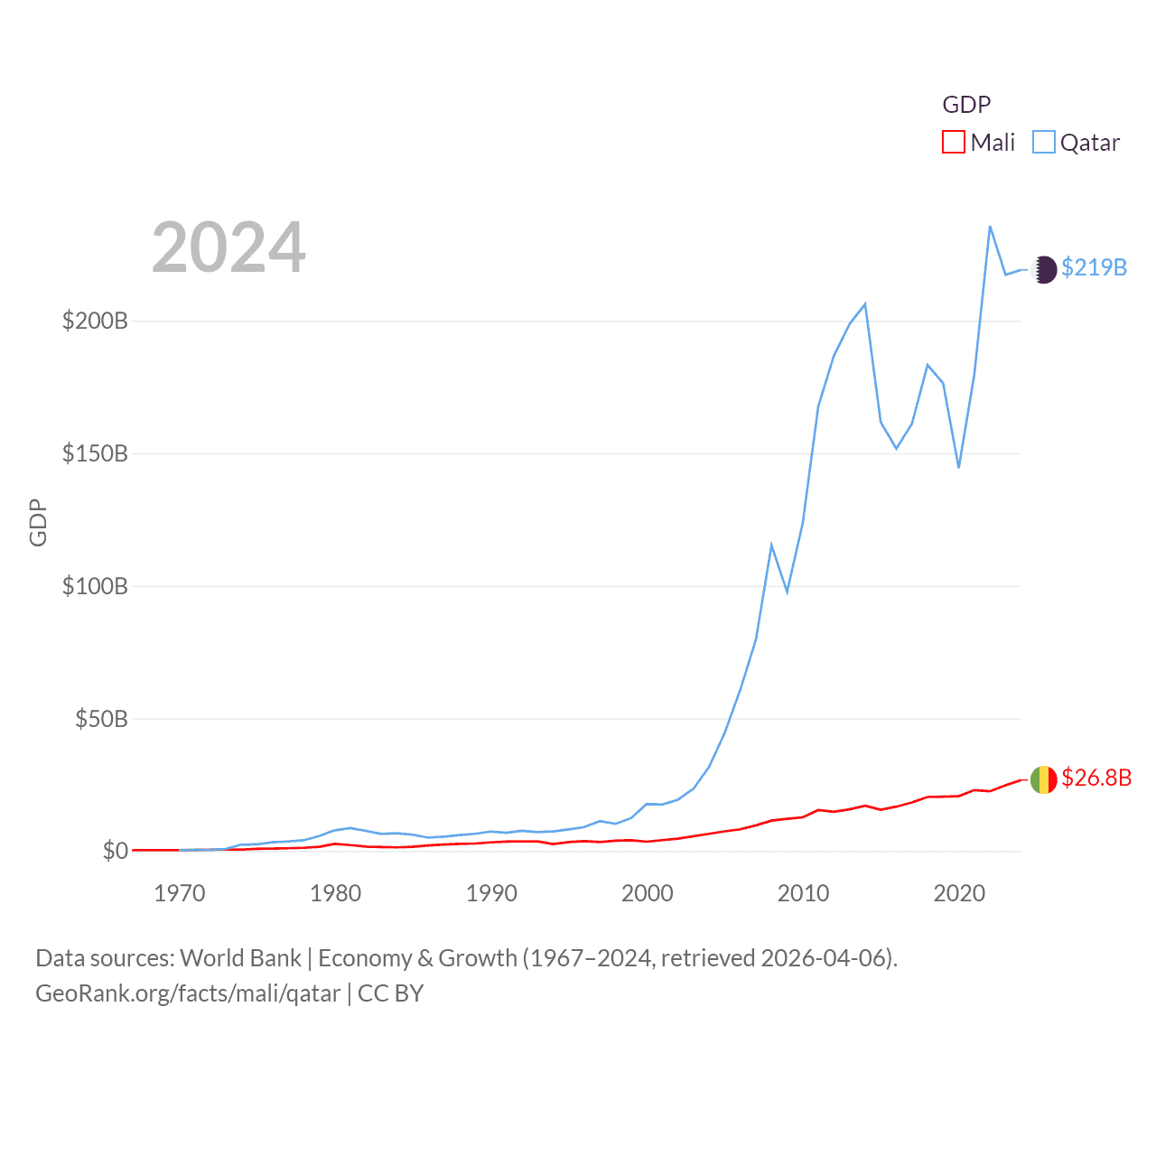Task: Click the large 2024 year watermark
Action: click(x=228, y=247)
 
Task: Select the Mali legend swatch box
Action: click(x=953, y=143)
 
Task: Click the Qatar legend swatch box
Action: click(x=1043, y=143)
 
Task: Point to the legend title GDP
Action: click(x=966, y=105)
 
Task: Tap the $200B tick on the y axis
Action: click(x=95, y=321)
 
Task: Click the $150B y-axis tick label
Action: click(x=95, y=453)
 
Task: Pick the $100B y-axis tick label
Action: click(x=95, y=586)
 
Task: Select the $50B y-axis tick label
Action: click(x=101, y=719)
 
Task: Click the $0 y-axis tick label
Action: click(x=115, y=851)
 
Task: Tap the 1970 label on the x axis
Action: click(x=180, y=893)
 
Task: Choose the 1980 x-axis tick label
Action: click(x=335, y=893)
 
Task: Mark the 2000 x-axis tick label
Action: click(x=647, y=893)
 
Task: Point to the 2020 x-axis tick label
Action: click(x=958, y=893)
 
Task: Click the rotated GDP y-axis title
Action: click(x=38, y=522)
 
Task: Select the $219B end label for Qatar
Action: click(x=1094, y=267)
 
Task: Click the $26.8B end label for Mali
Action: click(x=1096, y=778)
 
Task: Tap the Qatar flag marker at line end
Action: click(x=1043, y=269)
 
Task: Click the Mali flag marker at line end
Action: click(x=1043, y=779)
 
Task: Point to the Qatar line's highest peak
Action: click(x=990, y=227)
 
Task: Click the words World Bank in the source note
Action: click(x=240, y=957)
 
